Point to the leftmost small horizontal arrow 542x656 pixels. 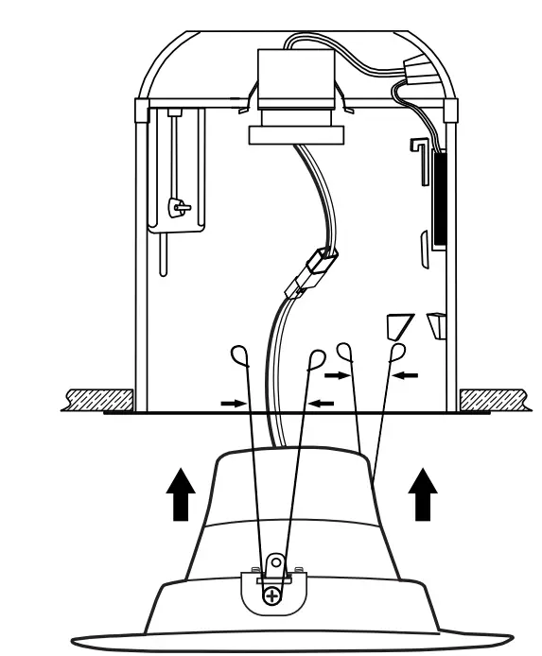point(231,402)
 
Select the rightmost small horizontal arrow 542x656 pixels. point(406,375)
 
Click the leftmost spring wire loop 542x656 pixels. point(241,356)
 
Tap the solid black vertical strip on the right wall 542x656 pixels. point(439,199)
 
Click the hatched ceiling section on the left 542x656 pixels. point(98,399)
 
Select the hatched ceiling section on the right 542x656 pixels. point(495,399)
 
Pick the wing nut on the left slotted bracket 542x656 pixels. point(176,206)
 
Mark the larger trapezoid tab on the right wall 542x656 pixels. point(394,327)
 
